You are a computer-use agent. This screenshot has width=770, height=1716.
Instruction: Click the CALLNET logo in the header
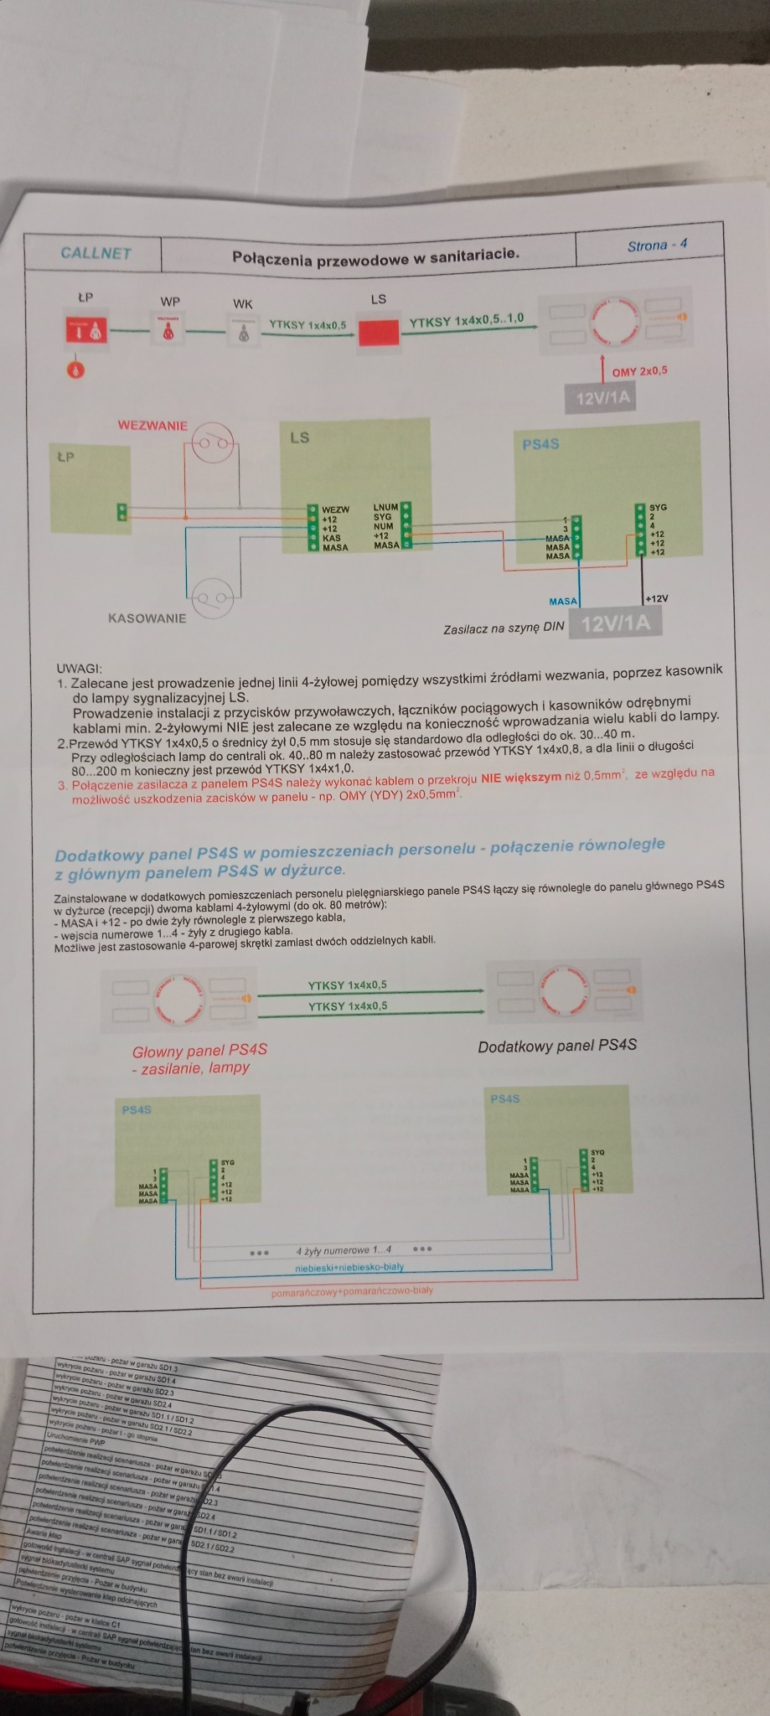click(96, 253)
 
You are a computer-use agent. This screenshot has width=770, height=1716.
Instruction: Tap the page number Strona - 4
click(657, 245)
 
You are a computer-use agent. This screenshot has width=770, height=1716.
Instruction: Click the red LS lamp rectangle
click(379, 333)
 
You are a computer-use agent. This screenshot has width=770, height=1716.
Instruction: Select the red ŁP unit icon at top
click(85, 329)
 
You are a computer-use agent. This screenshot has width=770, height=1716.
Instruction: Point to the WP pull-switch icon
click(169, 328)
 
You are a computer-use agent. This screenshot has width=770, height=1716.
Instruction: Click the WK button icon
click(243, 329)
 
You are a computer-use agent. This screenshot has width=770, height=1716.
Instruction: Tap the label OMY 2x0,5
click(639, 371)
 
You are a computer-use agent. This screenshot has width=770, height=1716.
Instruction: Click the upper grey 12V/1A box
click(602, 397)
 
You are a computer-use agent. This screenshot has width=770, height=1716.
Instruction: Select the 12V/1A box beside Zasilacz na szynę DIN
click(615, 623)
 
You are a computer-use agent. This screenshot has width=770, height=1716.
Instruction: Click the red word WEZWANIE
click(152, 426)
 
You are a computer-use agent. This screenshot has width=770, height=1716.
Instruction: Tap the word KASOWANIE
click(147, 618)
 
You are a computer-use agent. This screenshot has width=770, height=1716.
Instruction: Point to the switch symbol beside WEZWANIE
click(213, 443)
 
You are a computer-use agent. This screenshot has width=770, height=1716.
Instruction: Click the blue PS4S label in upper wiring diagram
click(540, 444)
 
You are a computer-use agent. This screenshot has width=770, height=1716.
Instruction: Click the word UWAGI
click(79, 669)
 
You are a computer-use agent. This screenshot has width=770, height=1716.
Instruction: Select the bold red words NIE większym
click(520, 777)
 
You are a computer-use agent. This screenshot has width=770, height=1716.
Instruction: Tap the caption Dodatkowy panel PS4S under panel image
click(557, 1046)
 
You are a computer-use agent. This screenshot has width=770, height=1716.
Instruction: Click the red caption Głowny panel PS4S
click(199, 1051)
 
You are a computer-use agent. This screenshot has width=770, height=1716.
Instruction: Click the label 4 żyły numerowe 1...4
click(344, 1250)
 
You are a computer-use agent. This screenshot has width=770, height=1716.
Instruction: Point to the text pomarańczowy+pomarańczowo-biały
click(352, 1291)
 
